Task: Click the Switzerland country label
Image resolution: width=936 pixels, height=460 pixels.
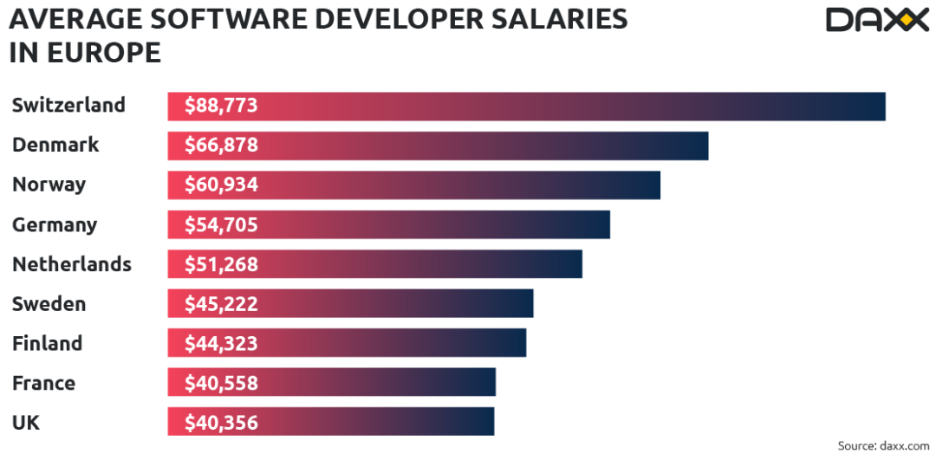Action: point(68,106)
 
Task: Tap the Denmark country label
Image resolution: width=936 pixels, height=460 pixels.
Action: point(55,146)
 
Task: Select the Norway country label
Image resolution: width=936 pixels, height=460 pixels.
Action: point(49,185)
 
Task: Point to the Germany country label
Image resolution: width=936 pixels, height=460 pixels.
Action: point(55,225)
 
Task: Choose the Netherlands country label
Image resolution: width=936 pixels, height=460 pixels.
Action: point(72,264)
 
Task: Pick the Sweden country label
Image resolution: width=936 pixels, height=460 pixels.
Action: point(49,304)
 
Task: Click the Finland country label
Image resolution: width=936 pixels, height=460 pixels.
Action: point(48,343)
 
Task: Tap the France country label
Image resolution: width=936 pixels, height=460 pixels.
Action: point(44,383)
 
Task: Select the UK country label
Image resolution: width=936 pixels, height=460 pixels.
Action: point(26,423)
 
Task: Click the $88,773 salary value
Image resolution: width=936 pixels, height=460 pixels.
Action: point(221,107)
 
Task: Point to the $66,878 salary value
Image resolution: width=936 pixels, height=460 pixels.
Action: point(221,146)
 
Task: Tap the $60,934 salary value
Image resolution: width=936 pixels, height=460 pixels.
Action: point(221,185)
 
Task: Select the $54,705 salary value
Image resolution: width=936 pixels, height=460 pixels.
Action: point(221,225)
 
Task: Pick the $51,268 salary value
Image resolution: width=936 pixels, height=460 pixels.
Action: point(221,264)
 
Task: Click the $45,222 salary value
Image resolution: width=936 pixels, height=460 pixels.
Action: point(221,304)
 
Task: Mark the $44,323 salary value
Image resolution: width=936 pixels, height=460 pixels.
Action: point(221,344)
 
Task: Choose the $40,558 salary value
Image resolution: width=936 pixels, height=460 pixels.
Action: point(221,383)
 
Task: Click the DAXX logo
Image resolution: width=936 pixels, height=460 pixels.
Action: point(876,19)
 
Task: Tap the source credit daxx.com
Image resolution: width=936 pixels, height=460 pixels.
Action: point(883,445)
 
